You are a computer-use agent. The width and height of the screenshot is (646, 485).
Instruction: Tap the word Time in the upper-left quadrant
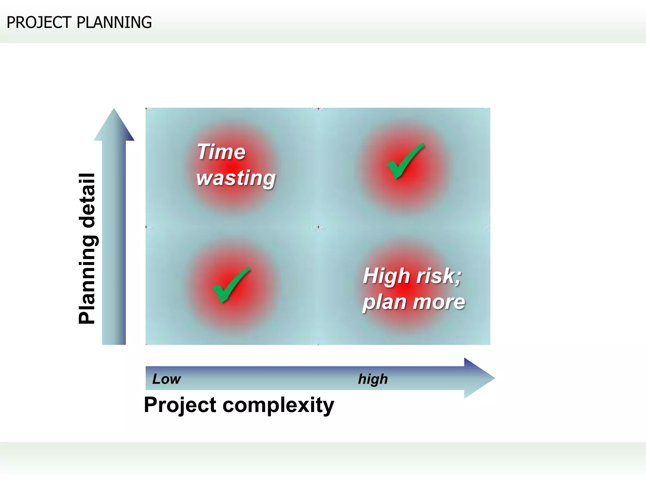[x=221, y=152]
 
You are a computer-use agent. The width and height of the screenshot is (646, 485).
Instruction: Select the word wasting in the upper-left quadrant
[x=236, y=178]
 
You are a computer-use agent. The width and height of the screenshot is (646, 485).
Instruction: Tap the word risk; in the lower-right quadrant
[x=439, y=276]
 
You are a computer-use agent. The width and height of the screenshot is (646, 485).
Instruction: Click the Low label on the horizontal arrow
[x=166, y=379]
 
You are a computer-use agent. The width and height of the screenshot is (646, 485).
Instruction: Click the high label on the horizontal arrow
[x=373, y=379]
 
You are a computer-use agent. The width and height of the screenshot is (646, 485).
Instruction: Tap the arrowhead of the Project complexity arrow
[x=479, y=378]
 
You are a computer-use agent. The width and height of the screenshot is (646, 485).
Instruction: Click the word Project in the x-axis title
[x=180, y=405]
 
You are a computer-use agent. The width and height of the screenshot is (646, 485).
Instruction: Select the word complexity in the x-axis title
[x=278, y=405]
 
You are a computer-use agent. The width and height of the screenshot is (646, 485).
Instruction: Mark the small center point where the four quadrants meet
[x=318, y=227]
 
